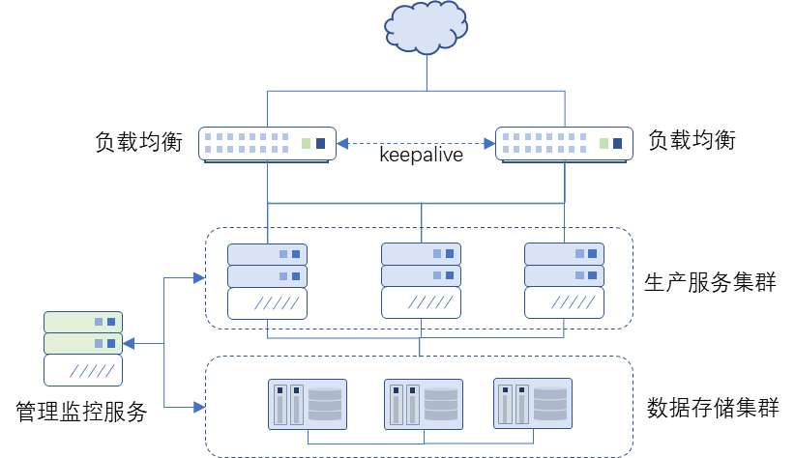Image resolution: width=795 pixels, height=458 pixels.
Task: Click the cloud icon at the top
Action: pyautogui.click(x=426, y=26)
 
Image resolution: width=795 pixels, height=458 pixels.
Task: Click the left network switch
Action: pyautogui.click(x=267, y=143)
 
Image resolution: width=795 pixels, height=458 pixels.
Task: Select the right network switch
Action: pyautogui.click(x=564, y=143)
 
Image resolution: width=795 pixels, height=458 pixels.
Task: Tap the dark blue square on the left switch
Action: pyautogui.click(x=320, y=143)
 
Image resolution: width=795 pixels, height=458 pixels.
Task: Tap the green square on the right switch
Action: pyautogui.click(x=604, y=143)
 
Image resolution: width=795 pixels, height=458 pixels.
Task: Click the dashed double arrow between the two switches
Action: pyautogui.click(x=416, y=143)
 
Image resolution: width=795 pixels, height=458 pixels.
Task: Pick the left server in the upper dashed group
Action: pyautogui.click(x=267, y=280)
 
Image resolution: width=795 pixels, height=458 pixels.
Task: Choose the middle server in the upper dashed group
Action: pyautogui.click(x=421, y=280)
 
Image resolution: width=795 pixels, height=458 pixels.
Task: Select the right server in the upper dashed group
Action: pyautogui.click(x=564, y=280)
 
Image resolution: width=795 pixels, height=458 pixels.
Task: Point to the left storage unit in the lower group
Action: pyautogui.click(x=308, y=404)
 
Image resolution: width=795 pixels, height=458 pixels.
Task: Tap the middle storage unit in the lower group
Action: pyautogui.click(x=424, y=404)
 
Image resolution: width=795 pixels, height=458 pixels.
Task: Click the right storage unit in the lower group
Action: pyautogui.click(x=533, y=403)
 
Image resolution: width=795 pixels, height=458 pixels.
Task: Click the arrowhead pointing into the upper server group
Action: pyautogui.click(x=199, y=278)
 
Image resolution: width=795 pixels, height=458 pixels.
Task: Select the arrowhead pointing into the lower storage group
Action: pyautogui.click(x=199, y=407)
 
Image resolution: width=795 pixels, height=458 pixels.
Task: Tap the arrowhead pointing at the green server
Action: pyautogui.click(x=129, y=343)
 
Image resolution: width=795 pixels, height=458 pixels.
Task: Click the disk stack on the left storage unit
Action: pyautogui.click(x=325, y=405)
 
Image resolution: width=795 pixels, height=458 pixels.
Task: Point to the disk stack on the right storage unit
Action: pyautogui.click(x=550, y=404)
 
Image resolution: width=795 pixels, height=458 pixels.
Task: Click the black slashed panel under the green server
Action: pyautogui.click(x=83, y=370)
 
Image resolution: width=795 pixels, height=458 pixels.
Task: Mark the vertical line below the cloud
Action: pyautogui.click(x=426, y=72)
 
